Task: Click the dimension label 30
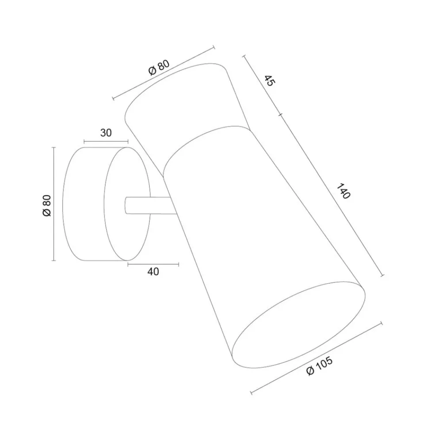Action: tap(106, 133)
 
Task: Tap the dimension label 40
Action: tap(153, 271)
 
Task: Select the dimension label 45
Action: tap(270, 81)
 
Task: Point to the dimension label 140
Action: tap(343, 191)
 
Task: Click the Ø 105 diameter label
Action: tap(320, 366)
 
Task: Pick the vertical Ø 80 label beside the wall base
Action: tap(47, 206)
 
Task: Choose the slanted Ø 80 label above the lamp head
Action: tap(159, 68)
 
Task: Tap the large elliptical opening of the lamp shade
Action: tap(298, 324)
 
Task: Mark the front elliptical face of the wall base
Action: tap(127, 204)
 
